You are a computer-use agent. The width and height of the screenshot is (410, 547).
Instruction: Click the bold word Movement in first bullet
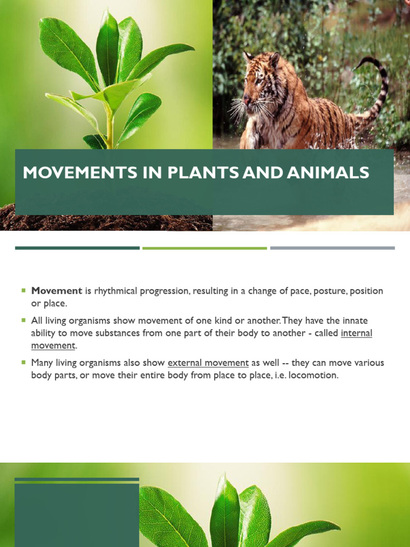pos(57,291)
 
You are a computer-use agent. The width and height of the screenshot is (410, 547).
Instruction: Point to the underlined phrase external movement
pos(208,363)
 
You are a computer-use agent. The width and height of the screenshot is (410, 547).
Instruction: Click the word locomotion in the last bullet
pos(314,376)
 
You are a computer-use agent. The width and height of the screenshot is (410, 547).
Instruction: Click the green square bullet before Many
pos(23,362)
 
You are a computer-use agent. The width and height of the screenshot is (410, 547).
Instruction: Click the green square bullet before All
pos(23,320)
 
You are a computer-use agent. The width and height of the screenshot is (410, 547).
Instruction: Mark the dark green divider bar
pos(77,248)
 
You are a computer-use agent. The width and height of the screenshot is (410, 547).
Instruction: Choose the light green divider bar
pos(204,248)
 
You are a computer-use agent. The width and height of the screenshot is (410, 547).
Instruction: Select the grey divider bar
pos(332,248)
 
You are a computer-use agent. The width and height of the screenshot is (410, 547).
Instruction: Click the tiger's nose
pos(246,99)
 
